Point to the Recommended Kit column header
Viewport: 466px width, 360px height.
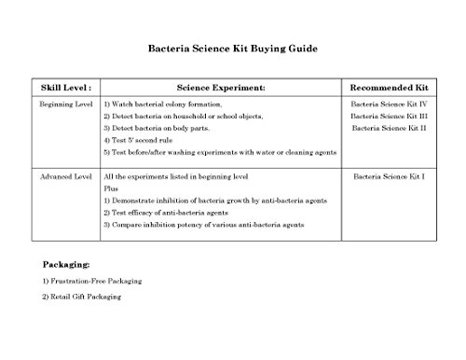(388, 86)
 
